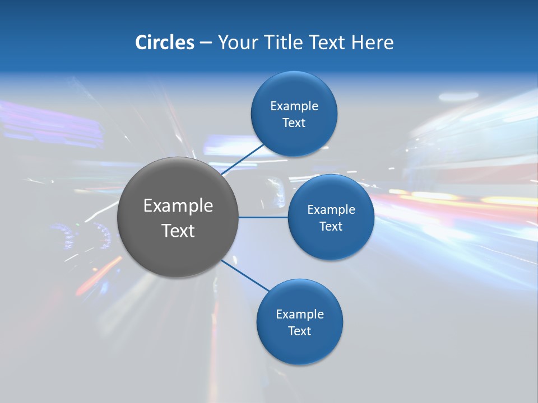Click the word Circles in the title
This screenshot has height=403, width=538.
tap(164, 43)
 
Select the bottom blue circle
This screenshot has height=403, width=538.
tap(299, 347)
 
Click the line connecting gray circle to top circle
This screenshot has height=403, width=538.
tap(242, 160)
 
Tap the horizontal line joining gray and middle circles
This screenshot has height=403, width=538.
tap(263, 217)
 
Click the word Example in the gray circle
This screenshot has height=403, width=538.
tap(178, 206)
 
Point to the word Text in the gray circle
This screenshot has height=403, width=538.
tap(178, 231)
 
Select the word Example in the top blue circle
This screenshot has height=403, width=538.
tap(294, 106)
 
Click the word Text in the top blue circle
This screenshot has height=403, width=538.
tap(294, 123)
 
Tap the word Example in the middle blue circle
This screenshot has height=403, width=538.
tap(331, 210)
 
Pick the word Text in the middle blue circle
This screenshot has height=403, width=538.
tap(331, 227)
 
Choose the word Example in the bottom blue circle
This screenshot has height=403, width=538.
tap(300, 315)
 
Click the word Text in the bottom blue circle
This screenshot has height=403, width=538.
tap(300, 331)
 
